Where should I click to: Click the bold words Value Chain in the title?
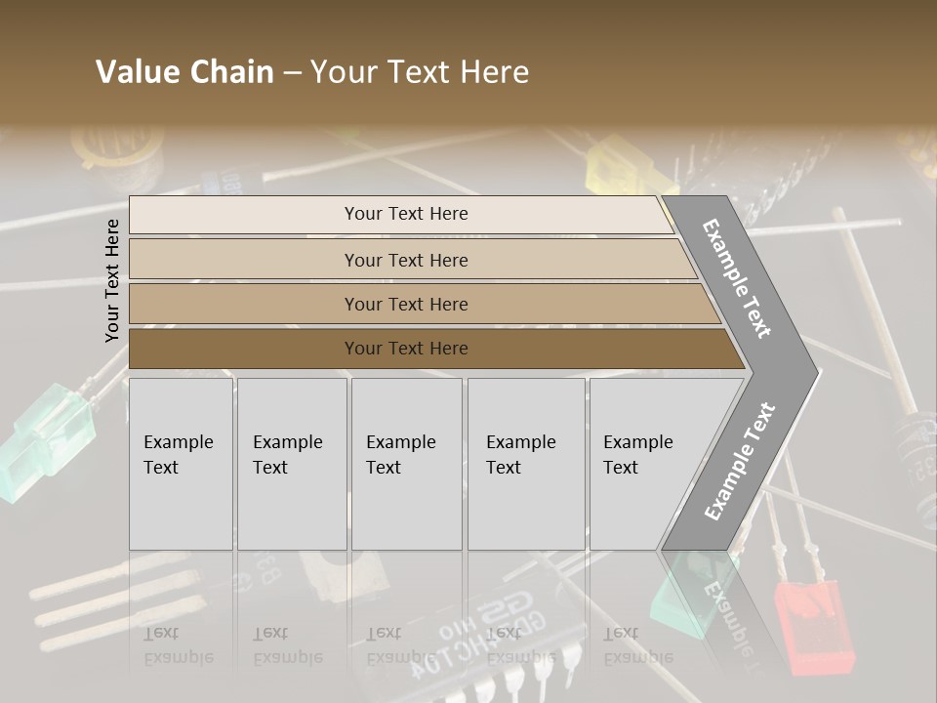[184, 72]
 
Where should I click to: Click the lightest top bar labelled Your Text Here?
[405, 214]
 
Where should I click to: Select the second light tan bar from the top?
[405, 260]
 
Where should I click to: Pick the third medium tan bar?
[405, 304]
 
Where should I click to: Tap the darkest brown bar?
[405, 349]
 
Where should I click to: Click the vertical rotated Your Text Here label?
[112, 280]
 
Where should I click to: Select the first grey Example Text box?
[181, 464]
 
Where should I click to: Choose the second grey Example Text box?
[291, 464]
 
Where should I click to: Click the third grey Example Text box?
[405, 464]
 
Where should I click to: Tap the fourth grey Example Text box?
[525, 464]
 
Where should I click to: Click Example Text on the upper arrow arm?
[737, 278]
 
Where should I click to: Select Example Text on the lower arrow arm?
[740, 461]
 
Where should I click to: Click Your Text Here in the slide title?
[420, 72]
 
